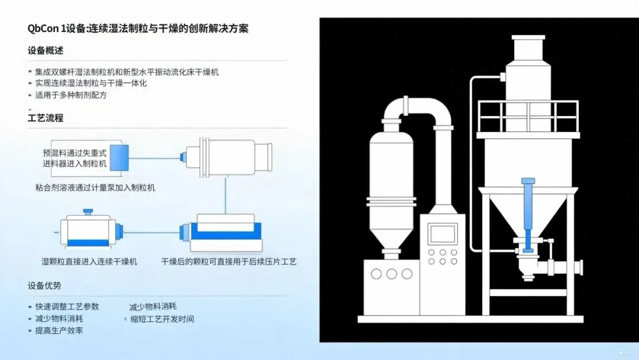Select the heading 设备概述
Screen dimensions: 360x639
click(x=45, y=50)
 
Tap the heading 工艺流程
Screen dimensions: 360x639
click(x=45, y=117)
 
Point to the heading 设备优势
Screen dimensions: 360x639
click(x=44, y=285)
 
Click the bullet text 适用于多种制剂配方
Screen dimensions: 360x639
click(x=70, y=95)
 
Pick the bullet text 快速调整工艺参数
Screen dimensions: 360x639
click(x=67, y=307)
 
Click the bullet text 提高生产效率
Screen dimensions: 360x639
click(x=59, y=330)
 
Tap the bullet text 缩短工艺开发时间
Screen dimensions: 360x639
click(x=162, y=319)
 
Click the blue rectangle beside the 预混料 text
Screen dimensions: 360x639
click(x=123, y=158)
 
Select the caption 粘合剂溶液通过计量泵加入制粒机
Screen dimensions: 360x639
click(x=95, y=188)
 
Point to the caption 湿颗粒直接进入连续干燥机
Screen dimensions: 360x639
click(x=89, y=261)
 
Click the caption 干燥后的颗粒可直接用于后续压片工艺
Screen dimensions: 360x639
click(x=229, y=261)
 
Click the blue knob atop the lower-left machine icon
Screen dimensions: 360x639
click(x=88, y=211)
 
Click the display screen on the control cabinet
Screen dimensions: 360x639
click(x=442, y=233)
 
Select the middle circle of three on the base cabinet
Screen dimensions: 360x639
click(x=391, y=273)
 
